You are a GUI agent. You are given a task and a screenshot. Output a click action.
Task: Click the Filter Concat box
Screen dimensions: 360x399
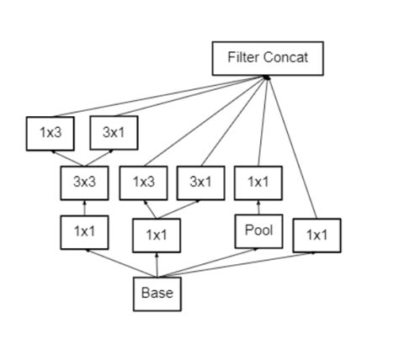click(268, 58)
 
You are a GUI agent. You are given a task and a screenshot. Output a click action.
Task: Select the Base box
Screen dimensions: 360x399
click(157, 294)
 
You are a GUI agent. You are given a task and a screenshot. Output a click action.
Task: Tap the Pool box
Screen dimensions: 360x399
click(258, 230)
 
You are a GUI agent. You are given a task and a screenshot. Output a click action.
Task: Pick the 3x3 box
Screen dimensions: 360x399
click(84, 181)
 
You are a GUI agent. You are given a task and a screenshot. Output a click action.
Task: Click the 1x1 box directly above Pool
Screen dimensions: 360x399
click(258, 181)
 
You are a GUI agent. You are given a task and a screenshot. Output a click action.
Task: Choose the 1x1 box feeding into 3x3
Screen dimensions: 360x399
click(84, 231)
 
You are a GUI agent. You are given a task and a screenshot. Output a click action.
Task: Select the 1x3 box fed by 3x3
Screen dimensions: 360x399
click(51, 132)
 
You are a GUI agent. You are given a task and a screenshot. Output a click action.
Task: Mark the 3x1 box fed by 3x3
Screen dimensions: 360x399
click(114, 132)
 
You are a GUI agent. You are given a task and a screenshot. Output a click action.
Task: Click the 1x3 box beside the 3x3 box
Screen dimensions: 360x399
click(144, 181)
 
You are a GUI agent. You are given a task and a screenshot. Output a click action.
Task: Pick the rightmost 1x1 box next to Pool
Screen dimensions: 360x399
click(317, 235)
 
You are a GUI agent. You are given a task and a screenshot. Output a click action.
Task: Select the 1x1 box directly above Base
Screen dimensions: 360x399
click(157, 235)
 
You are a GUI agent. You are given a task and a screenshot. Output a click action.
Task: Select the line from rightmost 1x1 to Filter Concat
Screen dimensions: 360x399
click(292, 147)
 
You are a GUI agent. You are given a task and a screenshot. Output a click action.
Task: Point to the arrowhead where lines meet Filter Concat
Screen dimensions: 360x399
click(266, 77)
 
